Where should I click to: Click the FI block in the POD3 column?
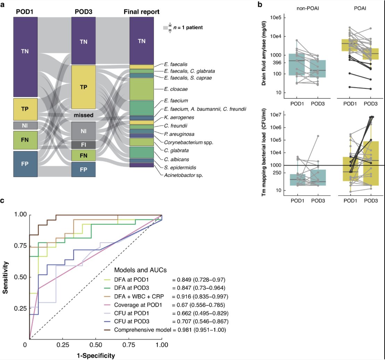click(x=83, y=145)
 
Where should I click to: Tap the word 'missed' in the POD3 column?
click(x=83, y=115)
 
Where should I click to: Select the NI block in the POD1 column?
click(x=25, y=125)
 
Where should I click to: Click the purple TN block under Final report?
click(x=141, y=41)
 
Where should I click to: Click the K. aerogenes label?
click(x=177, y=118)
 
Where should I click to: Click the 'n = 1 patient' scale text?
click(x=188, y=27)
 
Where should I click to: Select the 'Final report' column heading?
click(x=142, y=12)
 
